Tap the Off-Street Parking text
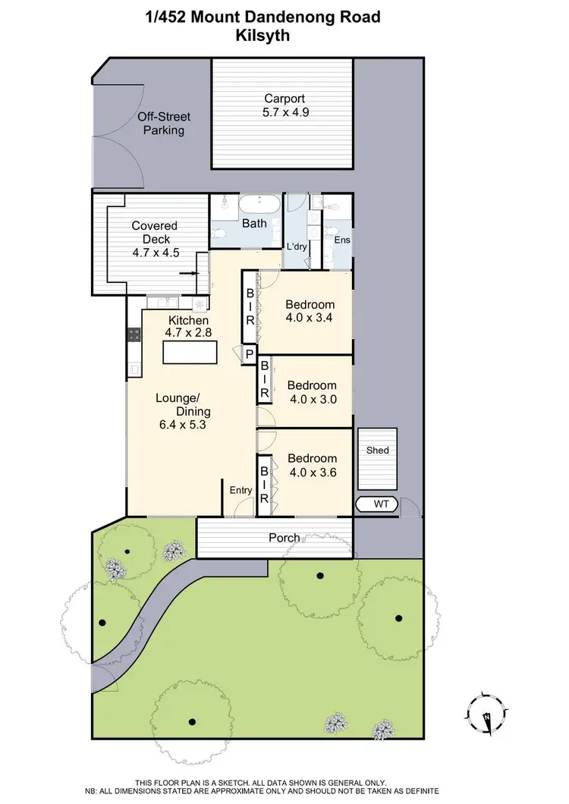[163, 124]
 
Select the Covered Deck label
[155, 239]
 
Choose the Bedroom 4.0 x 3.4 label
[310, 311]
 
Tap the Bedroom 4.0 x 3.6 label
[311, 465]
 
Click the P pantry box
[249, 353]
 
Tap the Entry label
[240, 490]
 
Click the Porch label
[284, 538]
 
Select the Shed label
[377, 451]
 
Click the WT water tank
[376, 504]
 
